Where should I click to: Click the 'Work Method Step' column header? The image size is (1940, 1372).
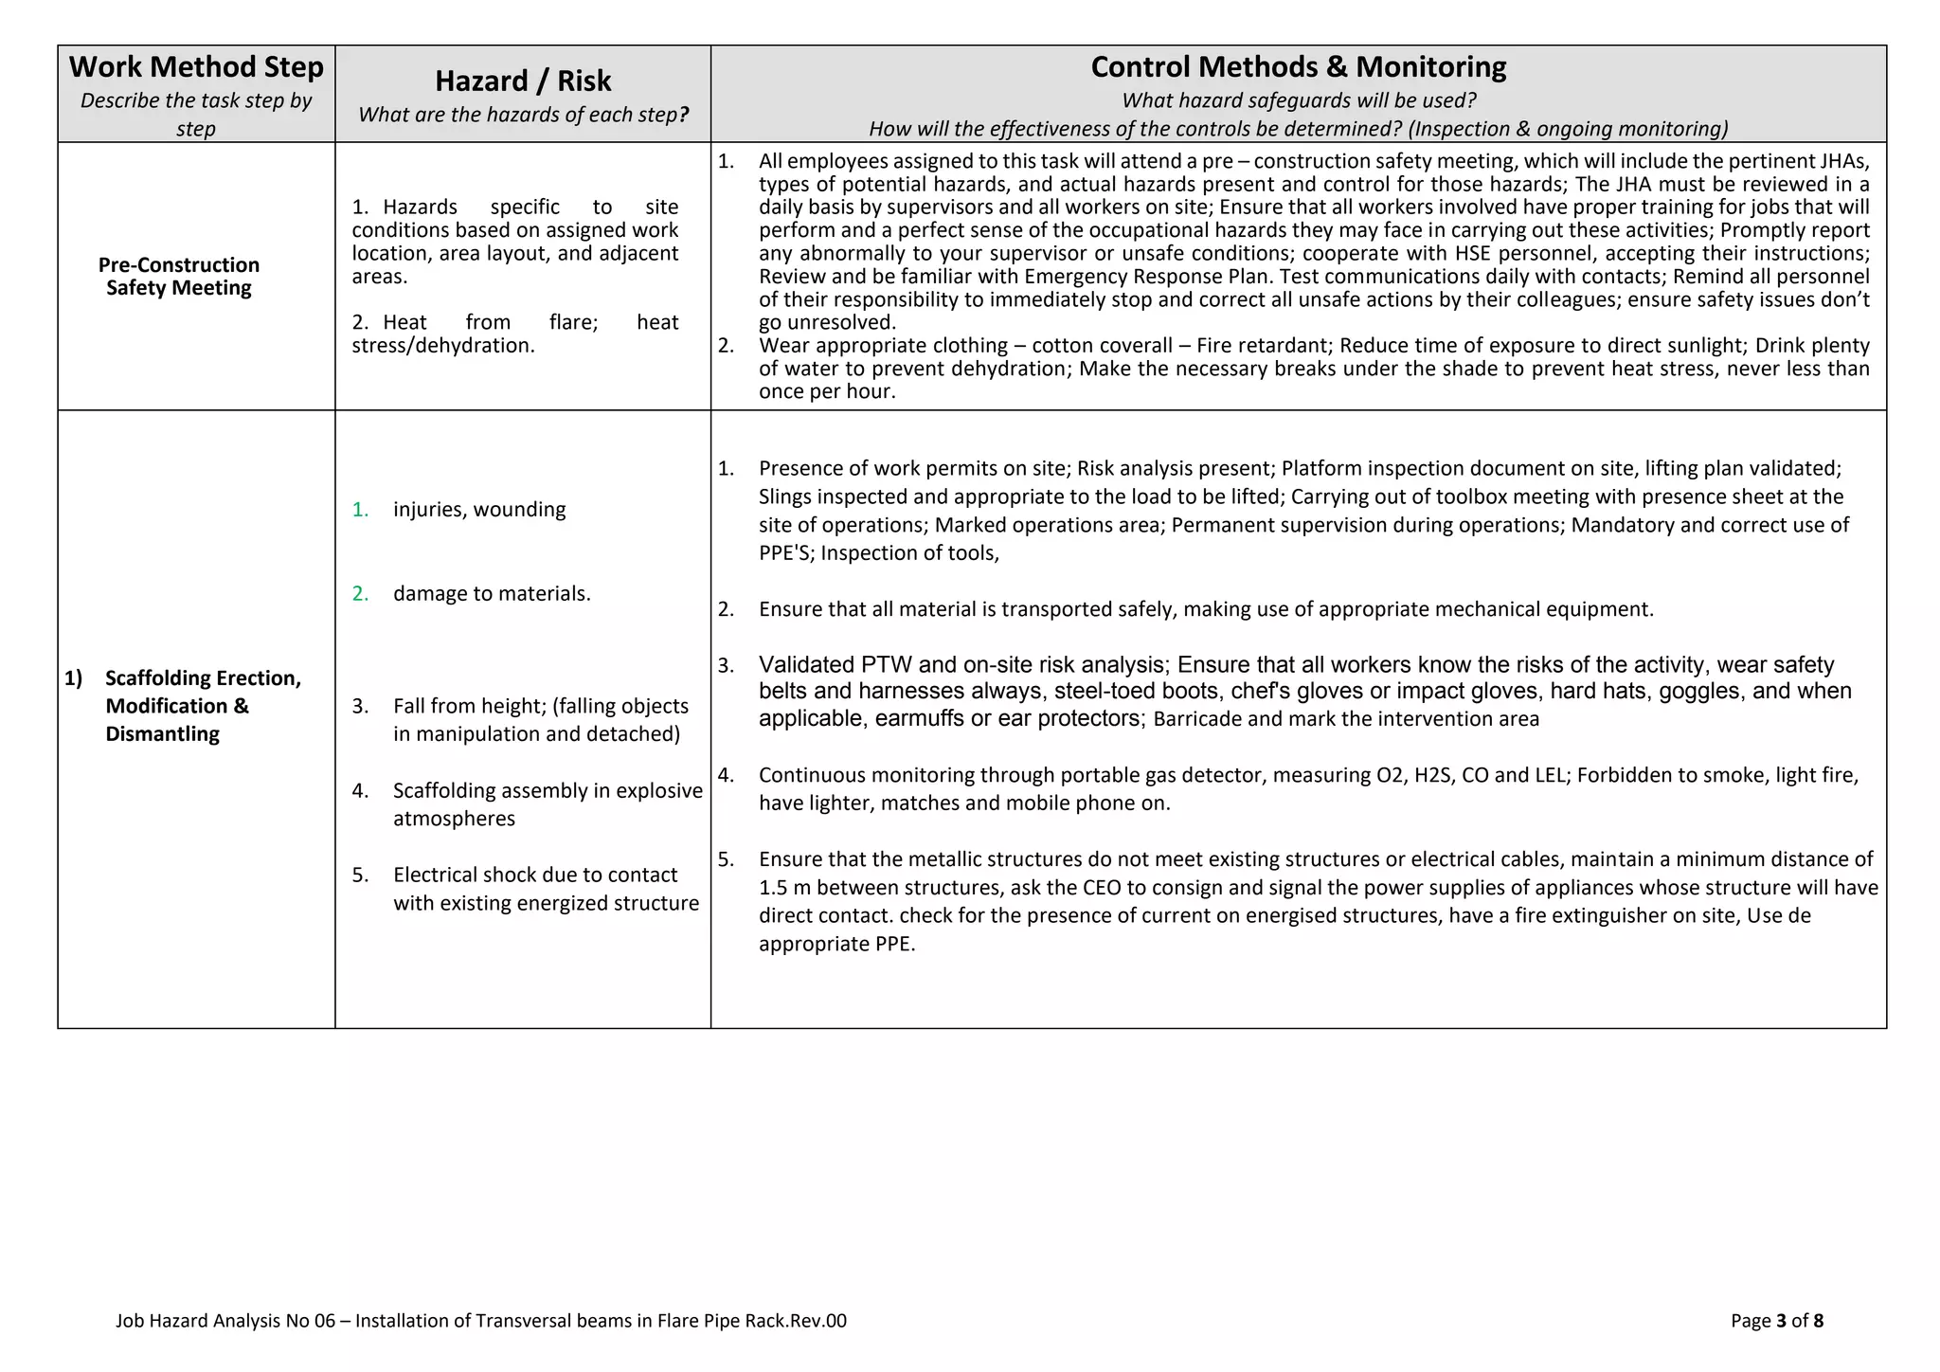tap(196, 67)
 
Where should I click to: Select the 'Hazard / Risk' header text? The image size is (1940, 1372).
tap(523, 81)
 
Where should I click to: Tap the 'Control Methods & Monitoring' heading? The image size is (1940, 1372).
tap(1298, 67)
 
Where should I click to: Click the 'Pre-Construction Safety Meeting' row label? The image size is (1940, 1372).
tap(178, 277)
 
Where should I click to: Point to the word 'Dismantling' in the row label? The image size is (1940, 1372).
tap(162, 734)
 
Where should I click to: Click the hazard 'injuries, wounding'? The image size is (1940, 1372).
tap(479, 510)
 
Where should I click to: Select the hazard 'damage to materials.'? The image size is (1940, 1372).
tap(492, 594)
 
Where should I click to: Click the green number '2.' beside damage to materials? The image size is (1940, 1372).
tap(360, 594)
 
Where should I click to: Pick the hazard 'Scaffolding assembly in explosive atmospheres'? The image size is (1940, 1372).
tap(548, 804)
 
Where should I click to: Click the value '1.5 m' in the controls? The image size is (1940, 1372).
tap(780, 889)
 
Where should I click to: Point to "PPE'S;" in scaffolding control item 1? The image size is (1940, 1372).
tap(786, 553)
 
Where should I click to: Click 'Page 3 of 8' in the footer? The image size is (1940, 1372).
tap(1776, 1321)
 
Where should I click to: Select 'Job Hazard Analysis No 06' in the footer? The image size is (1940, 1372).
tap(225, 1321)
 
